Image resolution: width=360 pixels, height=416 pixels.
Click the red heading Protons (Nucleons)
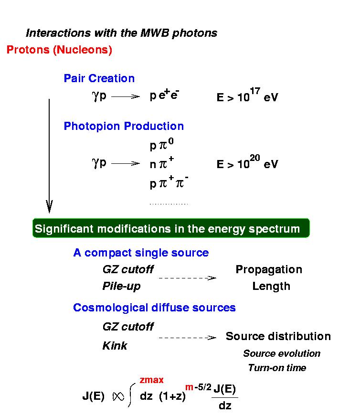[59, 50]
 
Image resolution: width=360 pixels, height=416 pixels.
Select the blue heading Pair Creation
[99, 78]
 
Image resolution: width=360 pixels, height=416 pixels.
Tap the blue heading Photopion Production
[124, 126]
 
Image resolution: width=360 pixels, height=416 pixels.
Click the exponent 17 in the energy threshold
[255, 91]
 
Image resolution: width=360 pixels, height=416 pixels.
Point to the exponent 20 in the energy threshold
[255, 158]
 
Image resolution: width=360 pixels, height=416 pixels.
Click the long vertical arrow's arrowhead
[49, 207]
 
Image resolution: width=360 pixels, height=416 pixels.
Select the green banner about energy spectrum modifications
[171, 228]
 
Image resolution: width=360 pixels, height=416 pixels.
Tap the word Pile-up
[121, 287]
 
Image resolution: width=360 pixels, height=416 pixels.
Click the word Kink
[115, 346]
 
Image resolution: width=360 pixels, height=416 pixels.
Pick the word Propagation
[269, 270]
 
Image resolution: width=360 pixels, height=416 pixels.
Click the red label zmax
[151, 380]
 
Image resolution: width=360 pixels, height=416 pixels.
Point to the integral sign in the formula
[131, 395]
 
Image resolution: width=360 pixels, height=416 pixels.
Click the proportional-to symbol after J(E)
[118, 396]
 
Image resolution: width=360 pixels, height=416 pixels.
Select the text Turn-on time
[277, 368]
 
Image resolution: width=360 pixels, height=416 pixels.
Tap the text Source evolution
[282, 353]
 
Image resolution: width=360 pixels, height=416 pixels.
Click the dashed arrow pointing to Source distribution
[187, 338]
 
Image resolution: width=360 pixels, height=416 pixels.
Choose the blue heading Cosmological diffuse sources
[154, 308]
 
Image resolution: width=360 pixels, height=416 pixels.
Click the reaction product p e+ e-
[164, 95]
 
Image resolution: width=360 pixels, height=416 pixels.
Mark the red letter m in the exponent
[189, 387]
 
